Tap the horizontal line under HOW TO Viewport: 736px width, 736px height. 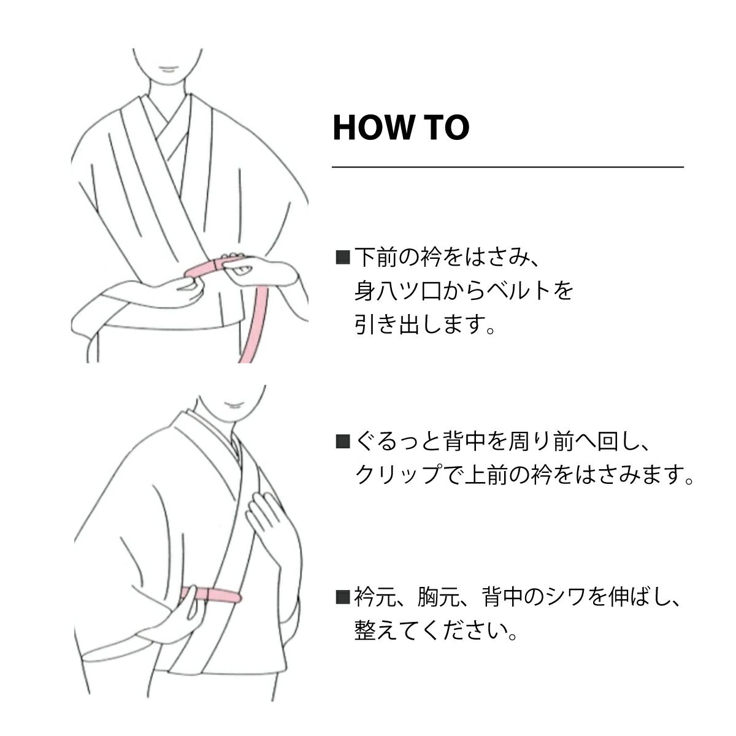point(508,167)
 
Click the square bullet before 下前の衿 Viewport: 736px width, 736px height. point(343,257)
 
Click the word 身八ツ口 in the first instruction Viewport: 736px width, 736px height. point(397,291)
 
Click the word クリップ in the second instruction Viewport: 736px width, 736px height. point(398,475)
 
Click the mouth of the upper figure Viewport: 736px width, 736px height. point(167,69)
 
